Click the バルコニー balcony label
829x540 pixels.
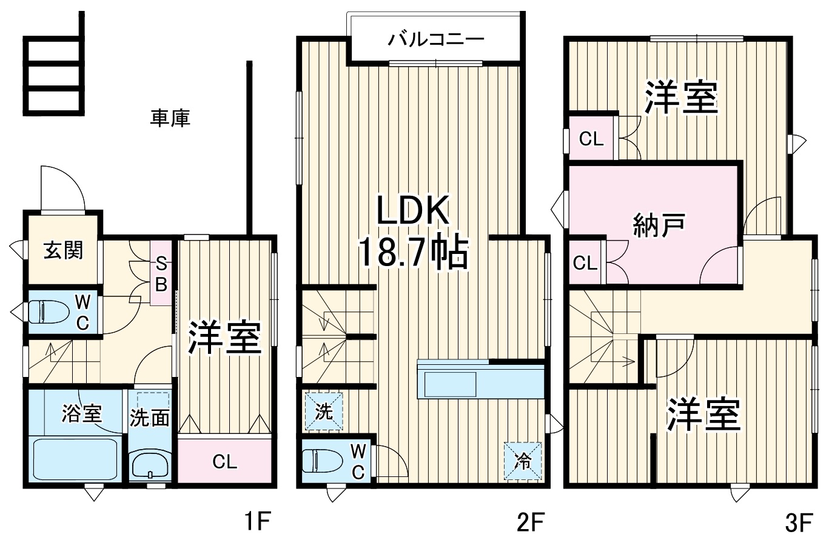[436, 40]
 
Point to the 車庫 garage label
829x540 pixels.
[170, 118]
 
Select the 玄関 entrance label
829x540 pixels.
[63, 250]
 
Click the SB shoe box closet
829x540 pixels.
[161, 273]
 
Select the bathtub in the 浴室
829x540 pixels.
[75, 458]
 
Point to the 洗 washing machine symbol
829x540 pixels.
[324, 412]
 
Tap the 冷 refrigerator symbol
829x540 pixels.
[522, 461]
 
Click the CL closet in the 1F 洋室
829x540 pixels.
[224, 462]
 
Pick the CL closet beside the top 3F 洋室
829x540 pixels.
[591, 138]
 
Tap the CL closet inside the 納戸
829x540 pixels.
[586, 263]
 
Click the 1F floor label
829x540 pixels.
[256, 521]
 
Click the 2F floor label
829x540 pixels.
[532, 521]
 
